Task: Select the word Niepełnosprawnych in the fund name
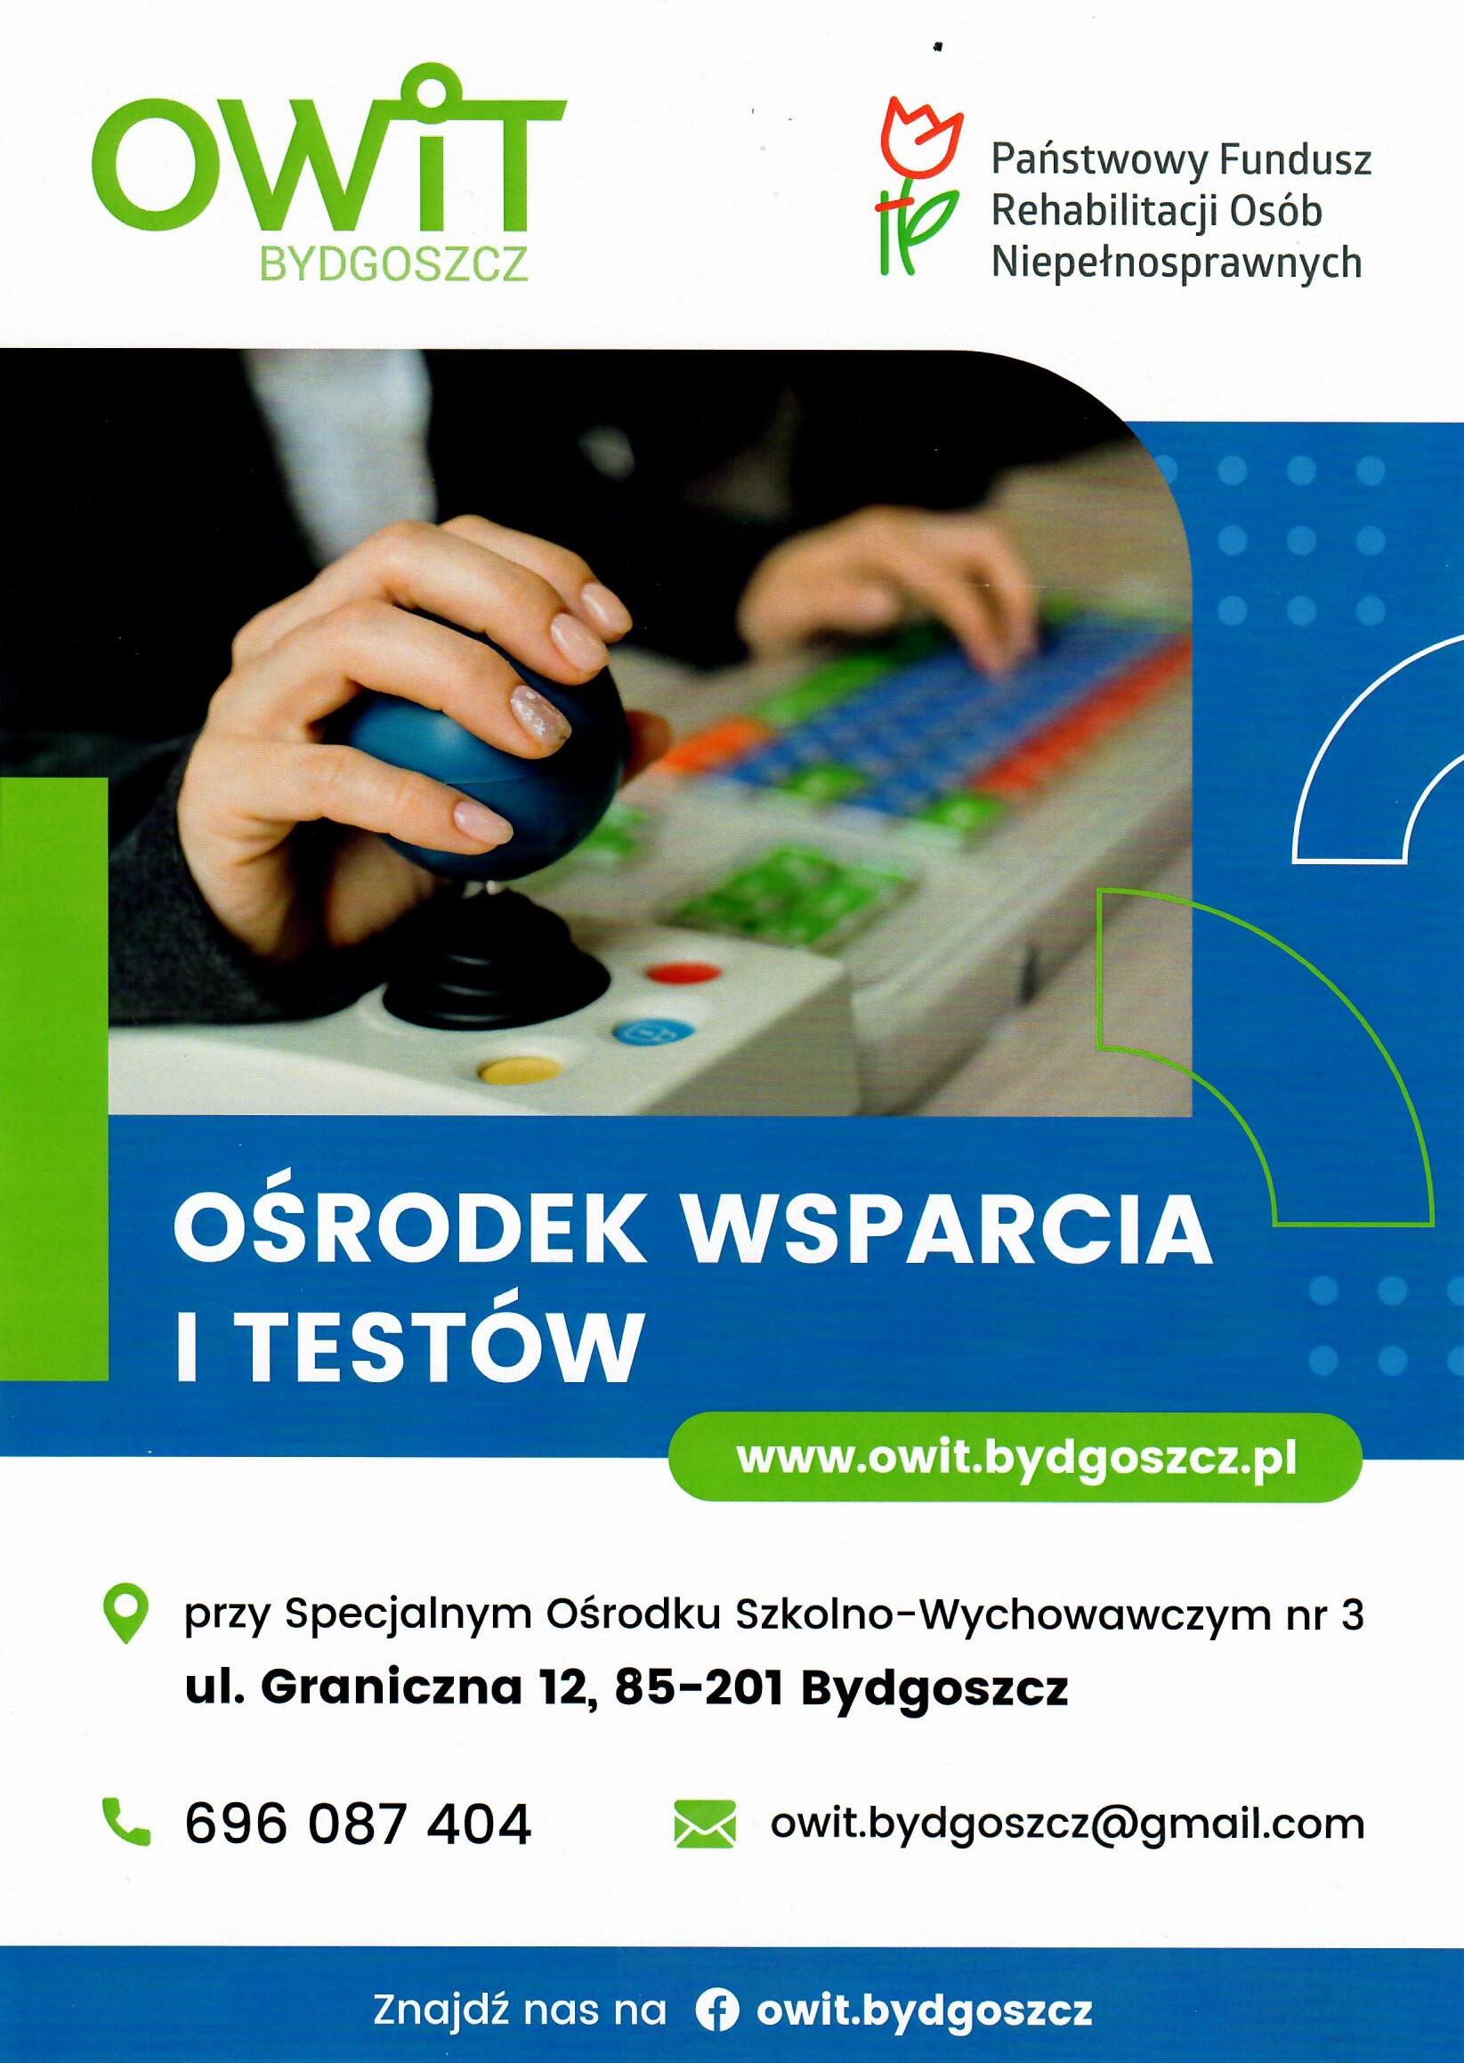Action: pos(1177,265)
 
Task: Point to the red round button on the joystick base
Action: pos(684,974)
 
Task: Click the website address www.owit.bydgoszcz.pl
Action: pos(1016,1458)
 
